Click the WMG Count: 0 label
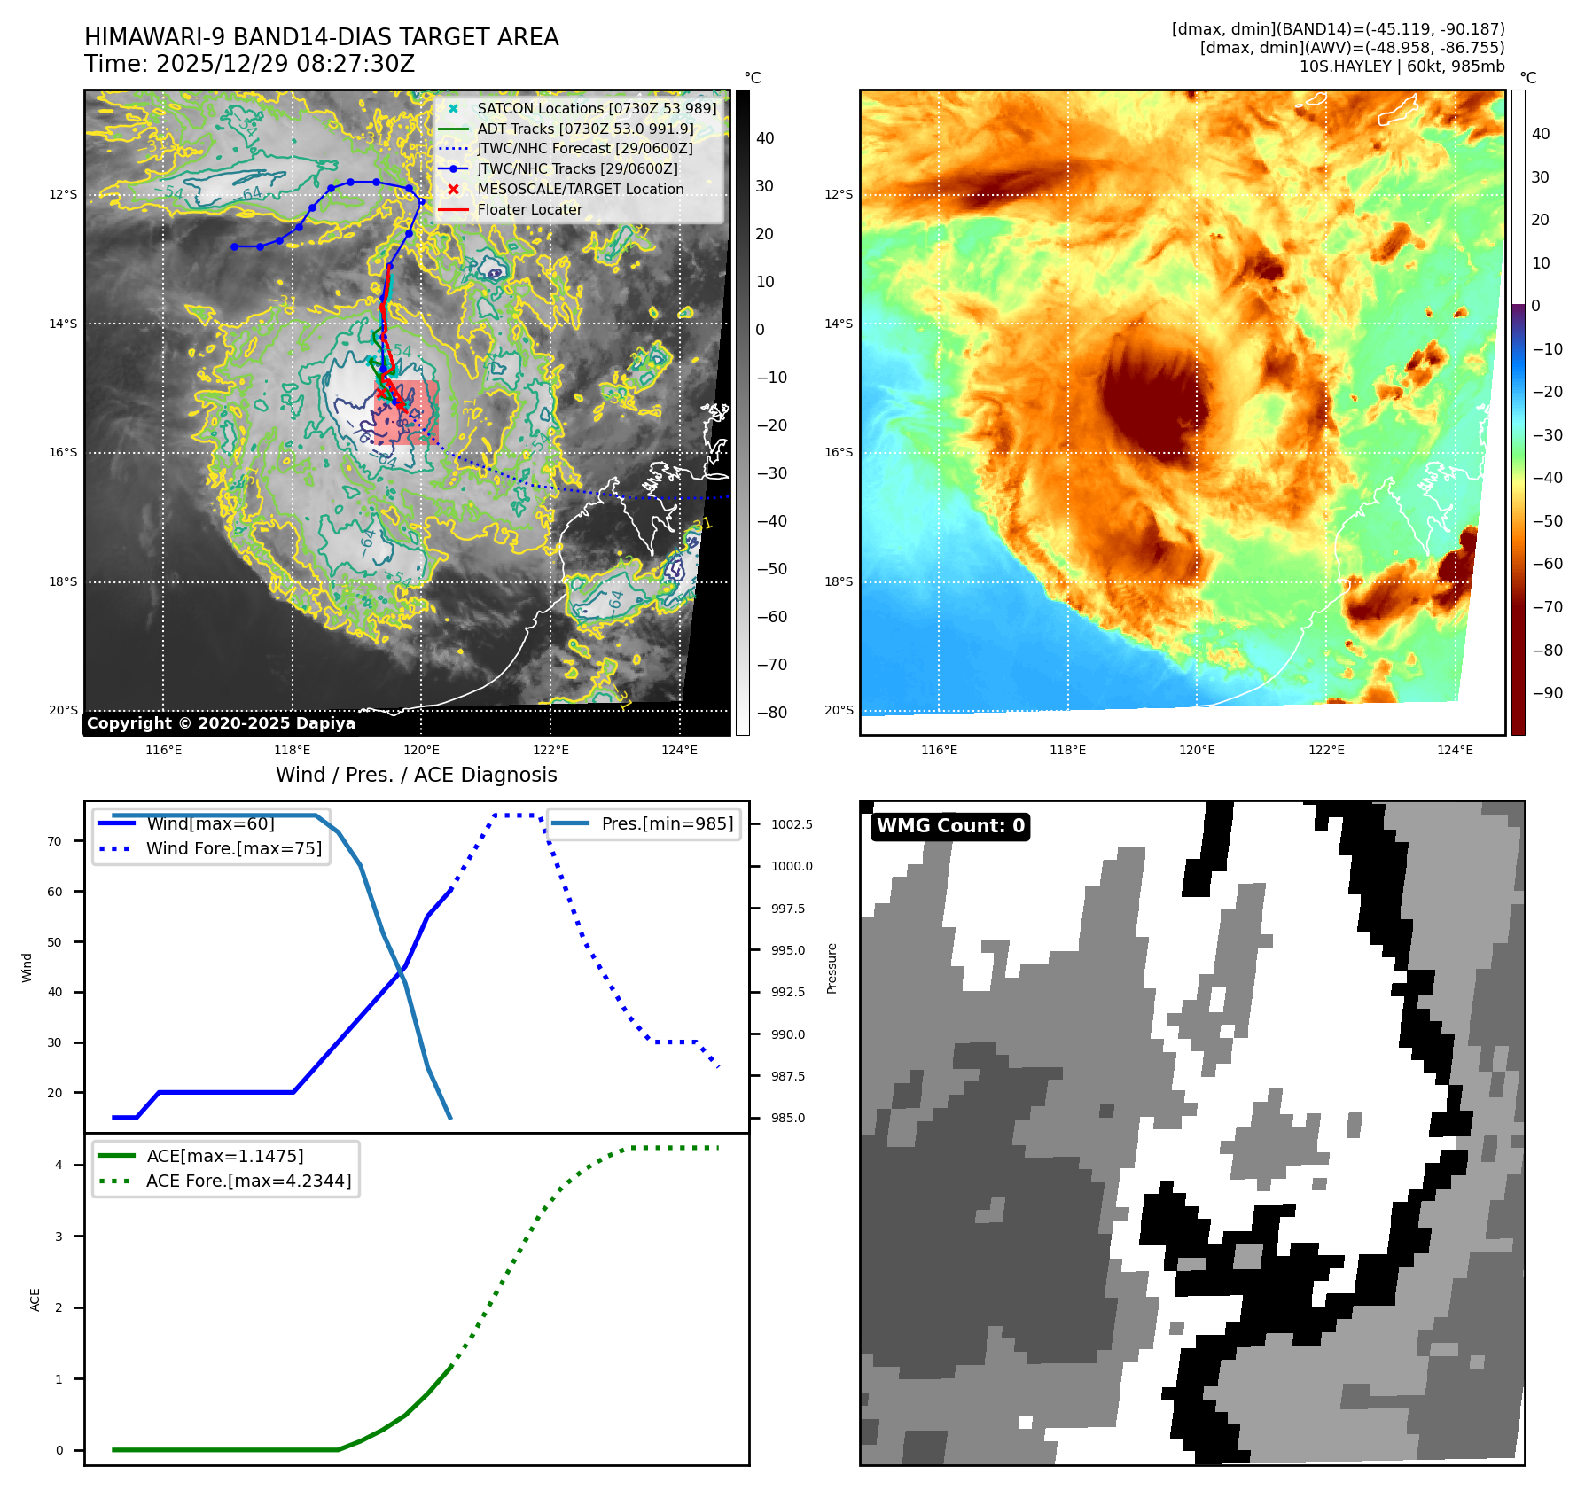[950, 826]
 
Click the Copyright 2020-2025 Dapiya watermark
[221, 723]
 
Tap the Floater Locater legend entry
[529, 209]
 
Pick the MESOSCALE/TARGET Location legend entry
[580, 189]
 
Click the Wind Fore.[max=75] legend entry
[234, 848]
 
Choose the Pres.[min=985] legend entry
[667, 823]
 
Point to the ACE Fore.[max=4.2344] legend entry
[248, 1181]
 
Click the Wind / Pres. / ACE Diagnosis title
[417, 775]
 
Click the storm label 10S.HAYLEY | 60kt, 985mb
[1402, 66]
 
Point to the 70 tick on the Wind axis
[55, 841]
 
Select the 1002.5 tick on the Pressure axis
[792, 824]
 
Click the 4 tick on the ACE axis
[59, 1165]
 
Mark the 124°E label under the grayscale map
[679, 750]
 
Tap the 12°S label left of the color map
[838, 194]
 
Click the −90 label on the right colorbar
[1548, 693]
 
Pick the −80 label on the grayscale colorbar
[771, 713]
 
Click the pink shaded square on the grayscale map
[407, 412]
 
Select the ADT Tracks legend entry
[585, 129]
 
